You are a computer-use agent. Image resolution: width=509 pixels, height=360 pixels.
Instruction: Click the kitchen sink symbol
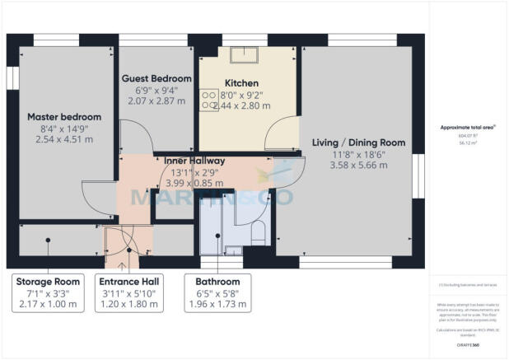tap(243, 55)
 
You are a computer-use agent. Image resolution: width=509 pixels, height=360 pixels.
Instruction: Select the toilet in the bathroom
tap(257, 231)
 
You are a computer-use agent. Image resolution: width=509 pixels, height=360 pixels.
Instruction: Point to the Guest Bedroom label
tap(156, 78)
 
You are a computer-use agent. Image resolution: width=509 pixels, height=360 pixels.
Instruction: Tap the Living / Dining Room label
tap(358, 143)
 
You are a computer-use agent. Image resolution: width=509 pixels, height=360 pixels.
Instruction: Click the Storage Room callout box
tap(48, 292)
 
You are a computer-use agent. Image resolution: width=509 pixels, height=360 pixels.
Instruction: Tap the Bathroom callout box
tap(212, 292)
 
